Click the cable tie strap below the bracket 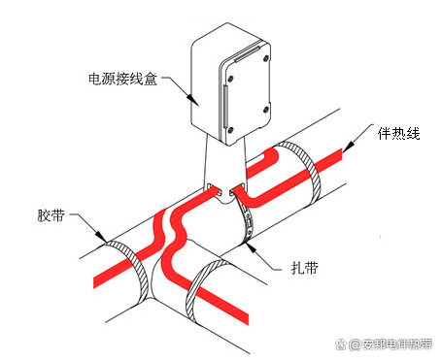click(x=242, y=218)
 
